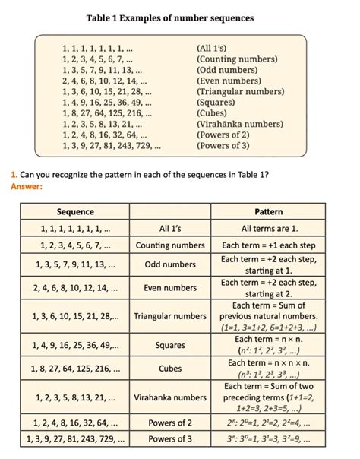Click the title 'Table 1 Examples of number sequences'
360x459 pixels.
tap(170, 17)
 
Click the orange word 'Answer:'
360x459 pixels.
tap(27, 186)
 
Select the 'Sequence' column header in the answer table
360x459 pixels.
tap(75, 211)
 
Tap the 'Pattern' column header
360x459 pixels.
tap(269, 211)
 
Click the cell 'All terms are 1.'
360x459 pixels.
tap(269, 228)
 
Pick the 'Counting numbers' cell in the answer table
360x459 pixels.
tap(170, 245)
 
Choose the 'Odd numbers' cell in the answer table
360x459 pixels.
tap(170, 264)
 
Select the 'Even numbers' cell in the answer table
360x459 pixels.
tap(170, 288)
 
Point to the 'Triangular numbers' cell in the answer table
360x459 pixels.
tap(170, 316)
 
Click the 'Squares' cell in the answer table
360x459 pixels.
tap(170, 345)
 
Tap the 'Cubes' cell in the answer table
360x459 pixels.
tap(170, 369)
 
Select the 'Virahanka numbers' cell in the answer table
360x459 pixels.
tap(170, 397)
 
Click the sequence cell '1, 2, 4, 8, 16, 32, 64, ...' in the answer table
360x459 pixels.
tap(75, 423)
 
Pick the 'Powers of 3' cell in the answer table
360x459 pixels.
tap(170, 438)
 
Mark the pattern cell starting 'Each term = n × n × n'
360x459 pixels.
tap(269, 369)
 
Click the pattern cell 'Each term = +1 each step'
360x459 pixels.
tap(269, 245)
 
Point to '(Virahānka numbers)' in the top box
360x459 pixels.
tap(240, 123)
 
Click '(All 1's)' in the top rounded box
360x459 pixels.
tap(211, 49)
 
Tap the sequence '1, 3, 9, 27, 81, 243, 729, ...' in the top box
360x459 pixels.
tap(111, 145)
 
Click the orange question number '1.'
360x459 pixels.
tap(14, 175)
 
